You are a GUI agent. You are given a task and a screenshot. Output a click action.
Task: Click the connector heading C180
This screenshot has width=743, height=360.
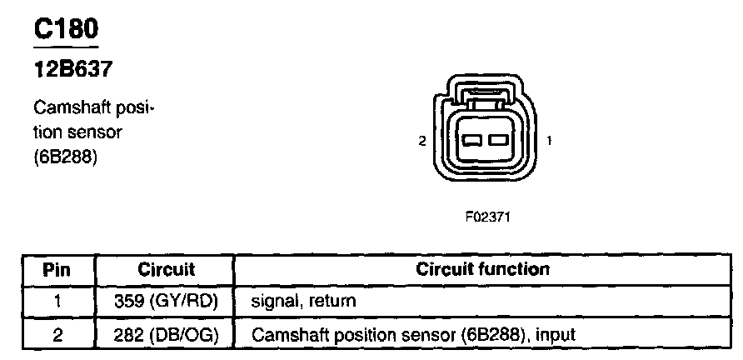[x=66, y=28]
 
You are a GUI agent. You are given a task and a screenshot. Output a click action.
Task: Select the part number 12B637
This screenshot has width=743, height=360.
[x=73, y=70]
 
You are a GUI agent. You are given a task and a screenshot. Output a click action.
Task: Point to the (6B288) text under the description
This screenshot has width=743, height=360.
[x=66, y=157]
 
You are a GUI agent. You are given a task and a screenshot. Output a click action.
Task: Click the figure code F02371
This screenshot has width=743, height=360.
[x=487, y=217]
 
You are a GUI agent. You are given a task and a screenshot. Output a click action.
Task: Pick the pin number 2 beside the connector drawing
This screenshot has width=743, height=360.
[x=422, y=141]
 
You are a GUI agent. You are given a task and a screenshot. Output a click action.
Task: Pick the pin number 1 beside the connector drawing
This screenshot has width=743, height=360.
[x=549, y=141]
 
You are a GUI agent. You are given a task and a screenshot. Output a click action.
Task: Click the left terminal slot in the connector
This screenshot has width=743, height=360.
[x=472, y=140]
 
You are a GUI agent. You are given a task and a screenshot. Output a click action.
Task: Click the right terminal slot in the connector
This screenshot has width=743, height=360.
[x=498, y=140]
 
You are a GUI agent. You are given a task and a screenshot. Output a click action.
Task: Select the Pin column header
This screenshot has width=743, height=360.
[x=57, y=270]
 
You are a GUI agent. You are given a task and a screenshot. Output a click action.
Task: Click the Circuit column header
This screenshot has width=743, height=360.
[x=166, y=269]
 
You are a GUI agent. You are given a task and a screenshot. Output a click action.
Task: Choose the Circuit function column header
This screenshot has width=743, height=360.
[x=483, y=269]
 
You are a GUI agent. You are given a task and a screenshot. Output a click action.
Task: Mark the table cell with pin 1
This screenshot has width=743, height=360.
[x=59, y=302]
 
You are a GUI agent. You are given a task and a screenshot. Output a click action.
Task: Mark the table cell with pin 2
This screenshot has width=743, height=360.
[x=59, y=334]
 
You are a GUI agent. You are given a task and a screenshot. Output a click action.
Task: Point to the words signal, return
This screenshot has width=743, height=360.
[x=303, y=302]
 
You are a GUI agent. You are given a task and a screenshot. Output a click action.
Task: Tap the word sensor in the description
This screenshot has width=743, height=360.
[x=94, y=132]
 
